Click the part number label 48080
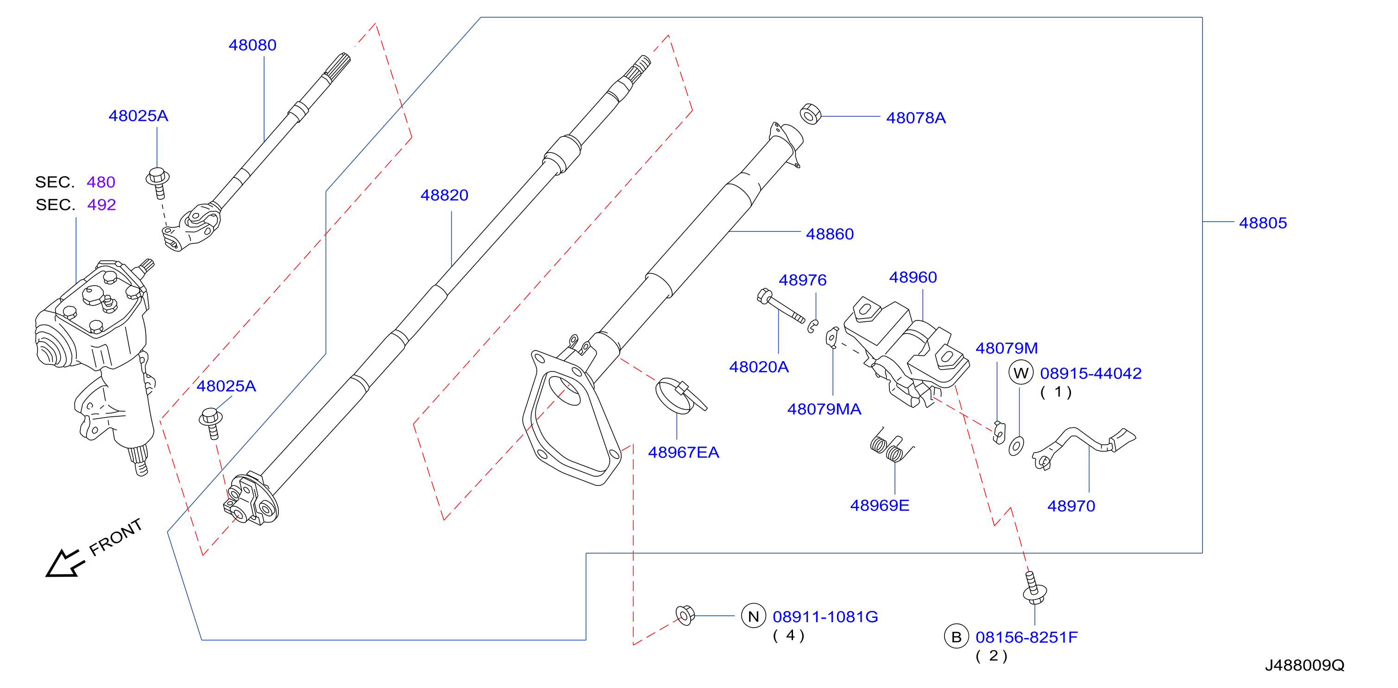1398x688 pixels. click(x=252, y=45)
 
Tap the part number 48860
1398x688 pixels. click(x=830, y=234)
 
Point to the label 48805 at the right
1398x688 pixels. click(x=1263, y=223)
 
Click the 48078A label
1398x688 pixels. click(x=916, y=118)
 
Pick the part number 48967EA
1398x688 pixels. click(x=684, y=452)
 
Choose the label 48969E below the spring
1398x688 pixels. click(x=880, y=505)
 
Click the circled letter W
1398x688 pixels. click(x=1021, y=373)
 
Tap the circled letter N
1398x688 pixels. click(x=753, y=616)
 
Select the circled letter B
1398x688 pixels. click(x=956, y=637)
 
